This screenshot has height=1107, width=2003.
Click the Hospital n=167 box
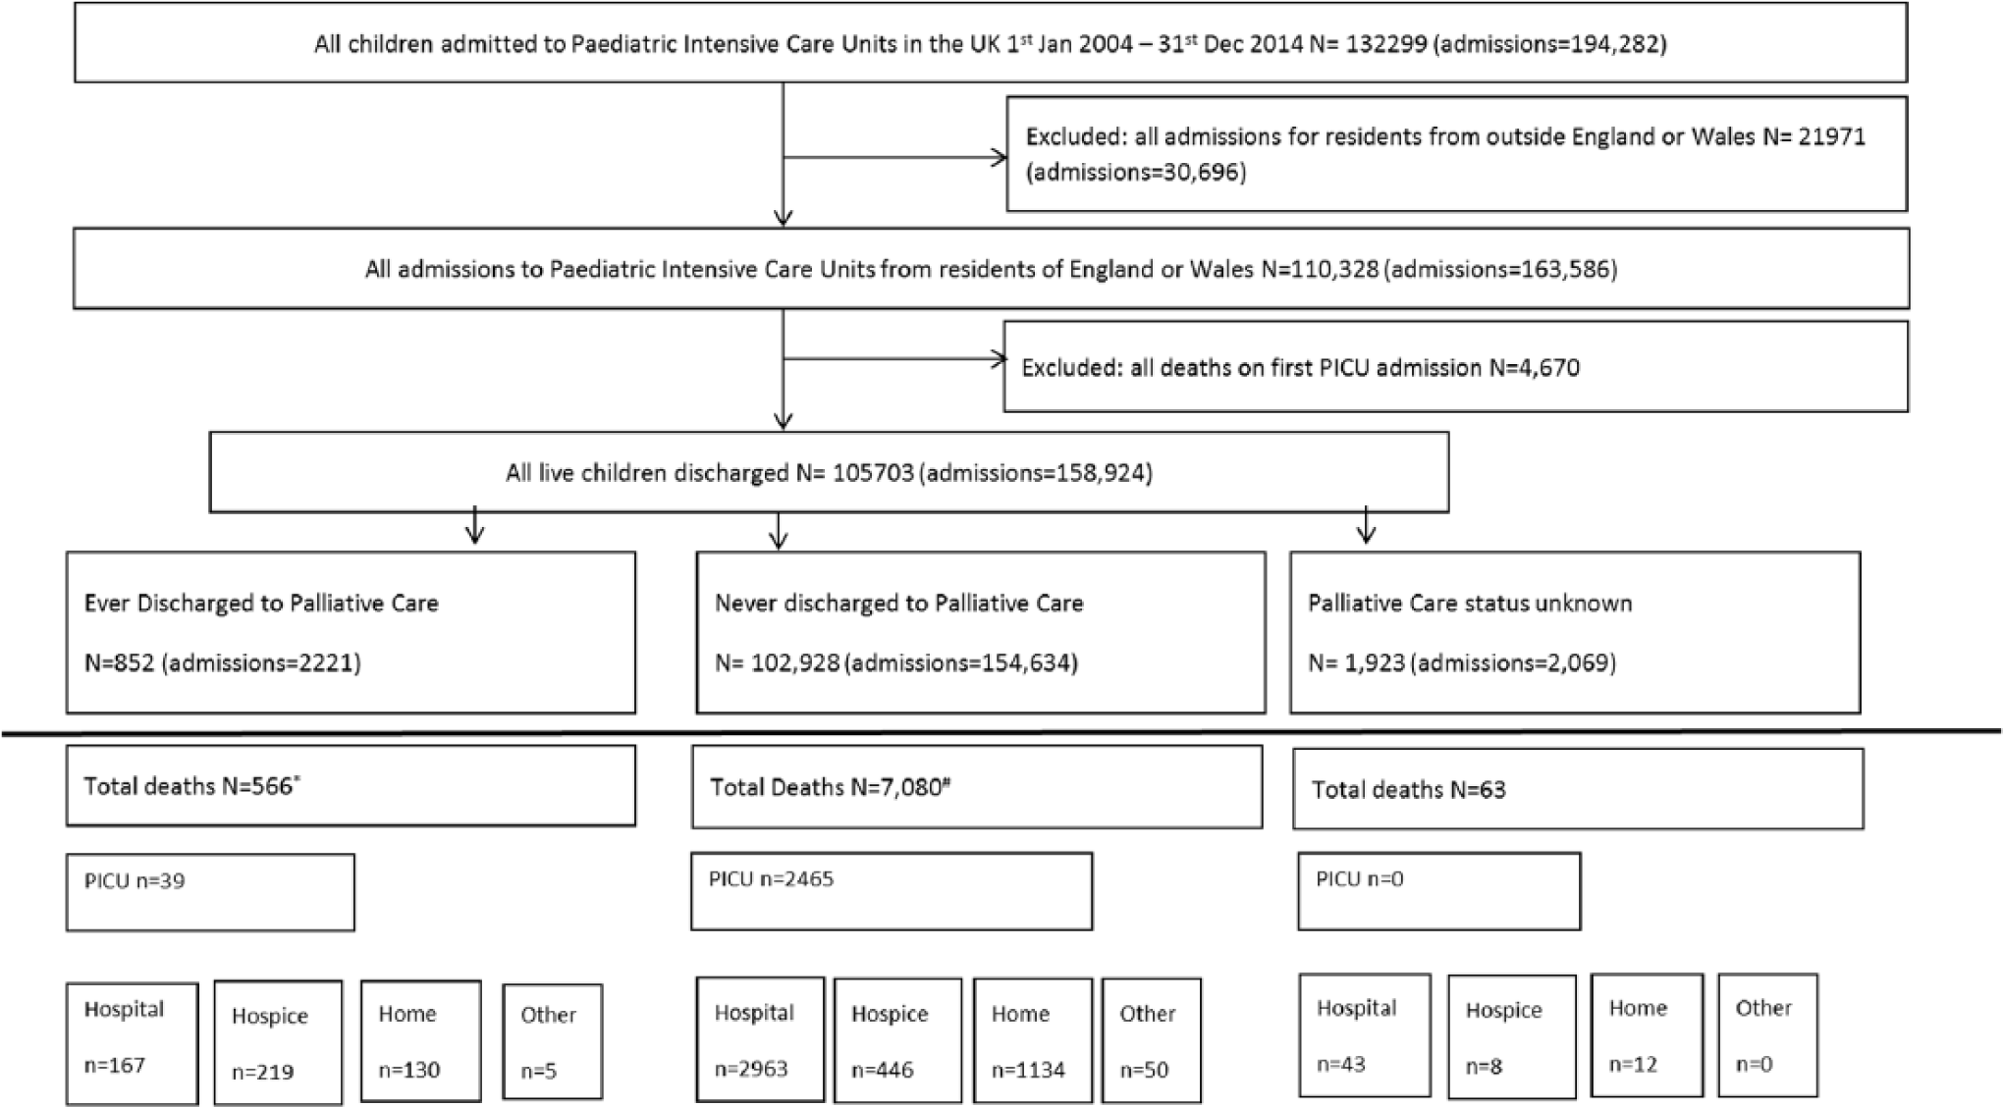(x=133, y=1043)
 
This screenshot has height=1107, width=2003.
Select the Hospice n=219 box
(x=279, y=1043)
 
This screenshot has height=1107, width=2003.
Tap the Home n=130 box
(x=421, y=1041)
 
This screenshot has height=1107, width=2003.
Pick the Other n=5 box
(x=553, y=1042)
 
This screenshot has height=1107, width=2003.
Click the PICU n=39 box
(x=210, y=892)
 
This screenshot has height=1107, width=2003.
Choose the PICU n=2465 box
(x=892, y=891)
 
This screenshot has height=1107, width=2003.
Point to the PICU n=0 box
(x=1439, y=891)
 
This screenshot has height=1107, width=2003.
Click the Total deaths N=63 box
(x=1578, y=789)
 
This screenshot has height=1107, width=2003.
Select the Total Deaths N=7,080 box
(x=977, y=787)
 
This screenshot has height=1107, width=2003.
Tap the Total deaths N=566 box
(x=351, y=785)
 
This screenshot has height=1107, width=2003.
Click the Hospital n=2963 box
(x=761, y=1040)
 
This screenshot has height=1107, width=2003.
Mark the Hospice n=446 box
(x=898, y=1040)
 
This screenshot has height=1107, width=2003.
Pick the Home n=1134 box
(x=1033, y=1040)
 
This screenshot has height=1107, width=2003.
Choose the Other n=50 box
(x=1152, y=1040)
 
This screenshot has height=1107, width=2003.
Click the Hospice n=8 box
(x=1512, y=1036)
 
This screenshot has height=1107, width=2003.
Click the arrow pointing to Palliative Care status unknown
(x=1366, y=524)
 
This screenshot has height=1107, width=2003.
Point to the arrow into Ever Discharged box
(x=475, y=524)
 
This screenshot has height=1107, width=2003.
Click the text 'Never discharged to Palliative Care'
(x=899, y=603)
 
